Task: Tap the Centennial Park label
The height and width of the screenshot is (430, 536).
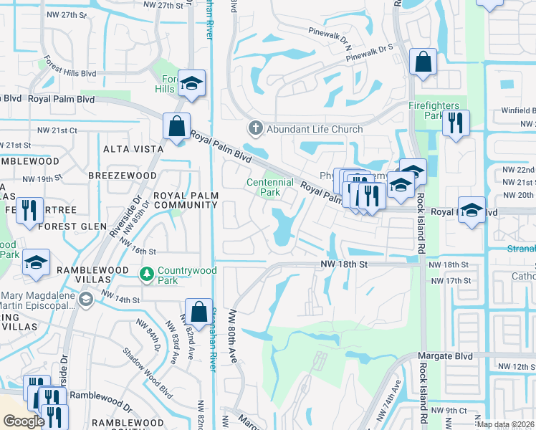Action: [x=269, y=187]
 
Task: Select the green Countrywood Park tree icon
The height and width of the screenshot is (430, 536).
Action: [x=146, y=274]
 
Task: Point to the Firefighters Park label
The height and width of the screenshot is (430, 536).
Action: [x=435, y=110]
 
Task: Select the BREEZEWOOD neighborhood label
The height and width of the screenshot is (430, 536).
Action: [x=122, y=176]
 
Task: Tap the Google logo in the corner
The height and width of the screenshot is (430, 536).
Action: [x=24, y=421]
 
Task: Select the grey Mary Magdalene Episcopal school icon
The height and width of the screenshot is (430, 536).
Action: [x=85, y=299]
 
